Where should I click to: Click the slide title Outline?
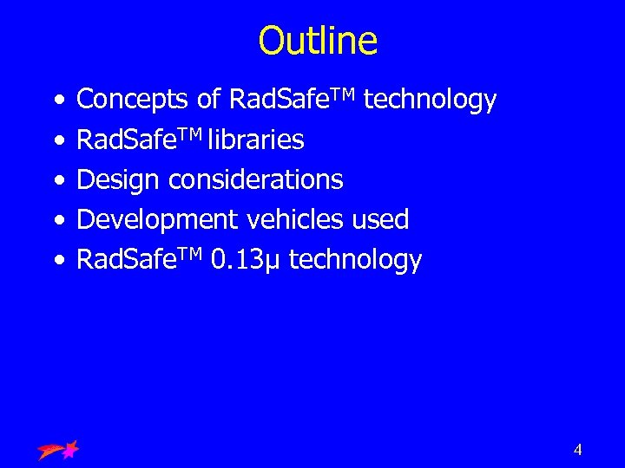(x=318, y=41)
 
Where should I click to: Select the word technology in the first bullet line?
(x=430, y=101)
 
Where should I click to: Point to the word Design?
(x=119, y=179)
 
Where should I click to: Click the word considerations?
(x=256, y=179)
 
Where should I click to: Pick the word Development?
(x=156, y=219)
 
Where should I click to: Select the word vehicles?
(x=296, y=219)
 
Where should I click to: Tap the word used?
(x=380, y=219)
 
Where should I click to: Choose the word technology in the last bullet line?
(x=355, y=259)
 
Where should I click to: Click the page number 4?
(x=577, y=449)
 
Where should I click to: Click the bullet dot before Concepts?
(x=56, y=101)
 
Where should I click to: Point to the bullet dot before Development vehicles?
(x=56, y=220)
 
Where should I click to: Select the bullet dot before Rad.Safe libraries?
(x=56, y=140)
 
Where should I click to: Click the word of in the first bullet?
(x=208, y=101)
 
